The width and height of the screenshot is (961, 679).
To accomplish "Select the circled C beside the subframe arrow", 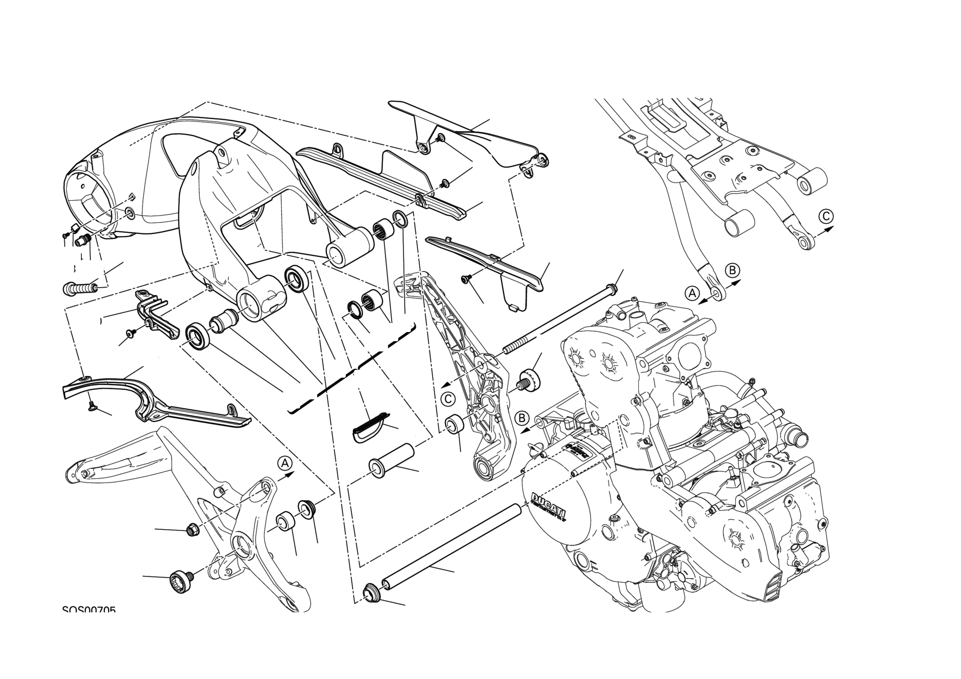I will (x=826, y=216).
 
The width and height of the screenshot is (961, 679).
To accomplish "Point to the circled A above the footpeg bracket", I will (x=285, y=463).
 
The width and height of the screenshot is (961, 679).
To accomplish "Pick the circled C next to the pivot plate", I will (x=448, y=399).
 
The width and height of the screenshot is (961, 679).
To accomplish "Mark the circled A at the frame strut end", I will (x=692, y=293).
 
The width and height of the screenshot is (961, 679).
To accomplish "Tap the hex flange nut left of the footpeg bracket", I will (x=193, y=530).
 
